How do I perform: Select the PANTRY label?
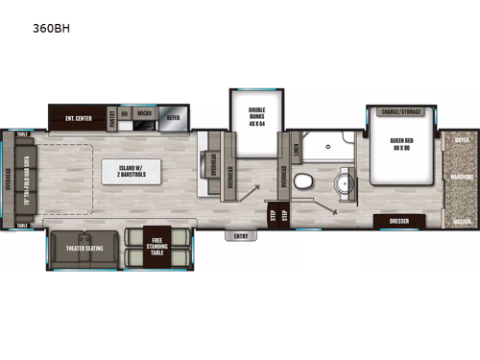click(113, 120)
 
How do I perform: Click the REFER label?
click(173, 119)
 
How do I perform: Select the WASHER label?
click(461, 220)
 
